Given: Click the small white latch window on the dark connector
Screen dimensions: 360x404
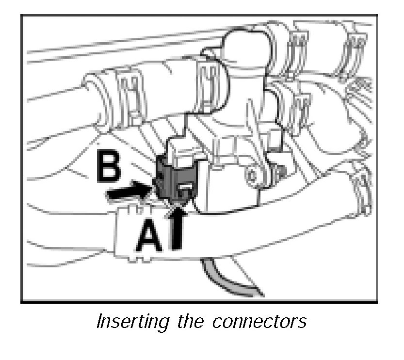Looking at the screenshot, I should coord(186,189).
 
